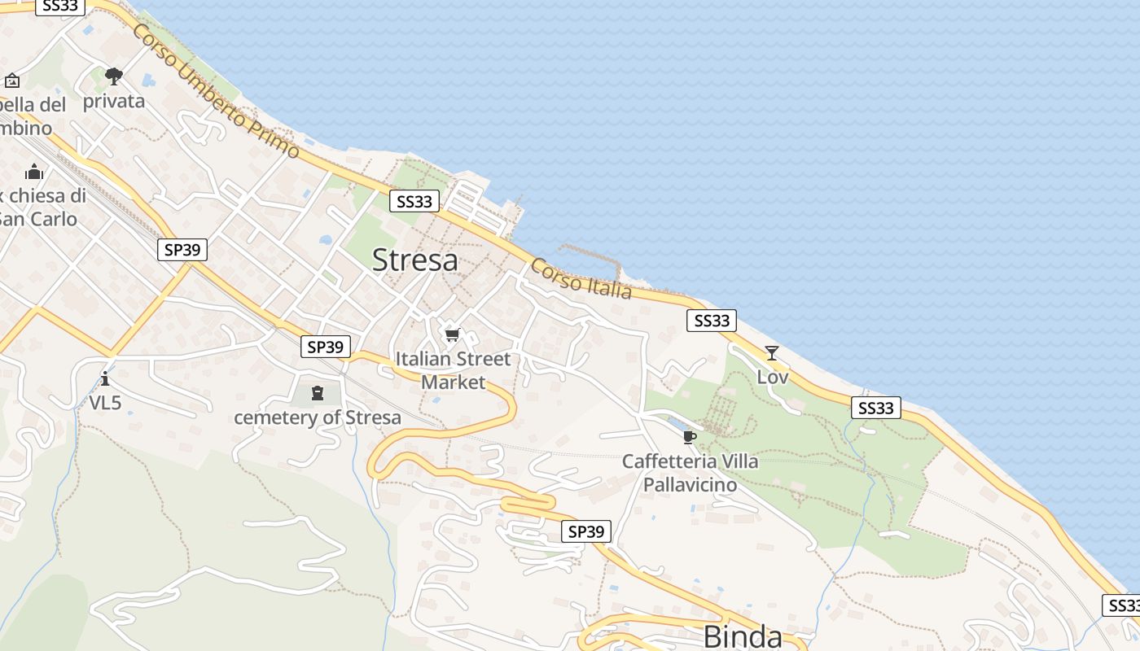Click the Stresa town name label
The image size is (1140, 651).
[x=414, y=260]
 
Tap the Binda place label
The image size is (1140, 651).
[x=742, y=636]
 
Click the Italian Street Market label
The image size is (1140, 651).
[x=453, y=370]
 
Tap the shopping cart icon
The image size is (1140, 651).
[x=453, y=334]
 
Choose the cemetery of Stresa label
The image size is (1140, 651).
[x=318, y=417]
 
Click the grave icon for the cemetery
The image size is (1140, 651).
[x=318, y=394]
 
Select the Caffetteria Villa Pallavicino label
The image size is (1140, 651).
[x=690, y=473]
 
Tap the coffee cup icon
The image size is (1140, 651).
[x=690, y=438]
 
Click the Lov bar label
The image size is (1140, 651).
[x=773, y=377]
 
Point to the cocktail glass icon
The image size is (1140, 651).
[x=772, y=353]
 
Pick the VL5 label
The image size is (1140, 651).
[x=105, y=402]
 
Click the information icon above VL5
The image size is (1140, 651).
[x=105, y=378]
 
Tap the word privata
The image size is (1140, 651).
[x=114, y=101]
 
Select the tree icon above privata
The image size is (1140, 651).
[x=114, y=76]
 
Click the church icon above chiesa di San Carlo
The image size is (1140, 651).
[x=34, y=172]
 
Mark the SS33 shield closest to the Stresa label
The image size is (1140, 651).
[x=414, y=201]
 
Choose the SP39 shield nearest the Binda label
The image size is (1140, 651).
[x=586, y=531]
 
